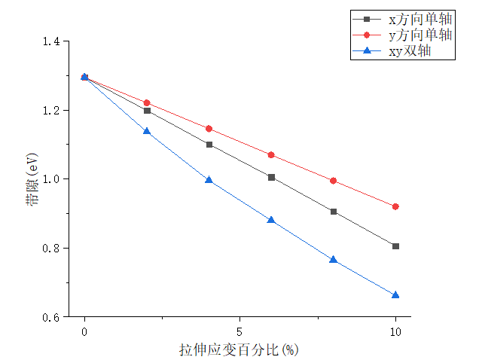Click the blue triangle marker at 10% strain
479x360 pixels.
[x=395, y=294]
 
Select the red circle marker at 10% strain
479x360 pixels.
[x=395, y=206]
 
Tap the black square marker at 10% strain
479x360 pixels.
[x=395, y=246]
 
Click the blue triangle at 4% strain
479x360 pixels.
[x=209, y=180]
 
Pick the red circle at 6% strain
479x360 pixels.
[x=271, y=155]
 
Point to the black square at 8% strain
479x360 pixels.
[x=334, y=212]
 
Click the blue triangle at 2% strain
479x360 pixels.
[x=147, y=131]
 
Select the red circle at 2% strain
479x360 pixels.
[x=147, y=102]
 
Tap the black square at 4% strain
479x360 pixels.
[x=209, y=145]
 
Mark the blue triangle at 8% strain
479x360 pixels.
[x=334, y=259]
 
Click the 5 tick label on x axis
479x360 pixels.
[x=239, y=332]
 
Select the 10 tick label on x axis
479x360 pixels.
[x=395, y=332]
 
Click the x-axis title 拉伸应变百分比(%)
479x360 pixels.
[x=239, y=349]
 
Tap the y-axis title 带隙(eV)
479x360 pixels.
[x=32, y=178]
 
